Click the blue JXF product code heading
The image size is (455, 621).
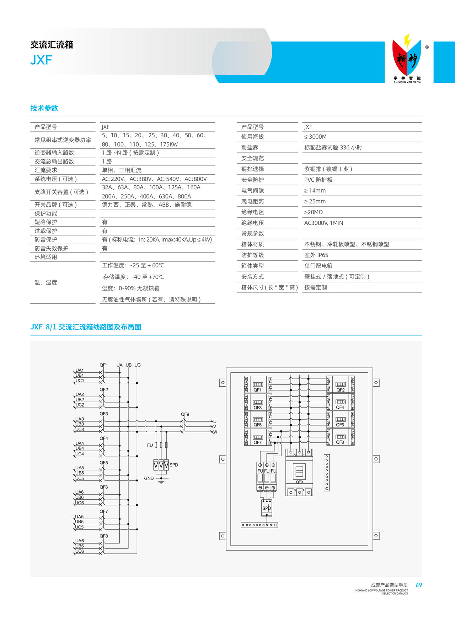[x=41, y=60]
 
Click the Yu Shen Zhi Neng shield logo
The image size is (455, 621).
[x=407, y=57]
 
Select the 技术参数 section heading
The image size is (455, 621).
[x=44, y=108]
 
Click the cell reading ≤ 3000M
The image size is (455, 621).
[x=315, y=137]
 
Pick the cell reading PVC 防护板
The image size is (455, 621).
[x=318, y=180]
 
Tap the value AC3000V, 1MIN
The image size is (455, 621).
[x=323, y=223]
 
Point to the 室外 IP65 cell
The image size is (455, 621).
[x=316, y=255]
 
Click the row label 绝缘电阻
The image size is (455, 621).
[x=252, y=212]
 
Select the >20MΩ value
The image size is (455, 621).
[x=313, y=212]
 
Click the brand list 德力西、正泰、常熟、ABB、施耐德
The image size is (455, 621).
[x=147, y=205]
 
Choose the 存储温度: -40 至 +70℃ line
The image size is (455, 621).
[x=133, y=277]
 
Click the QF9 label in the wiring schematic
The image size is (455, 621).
[x=185, y=414]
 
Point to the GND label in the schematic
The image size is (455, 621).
[x=149, y=478]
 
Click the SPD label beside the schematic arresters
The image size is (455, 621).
[x=174, y=465]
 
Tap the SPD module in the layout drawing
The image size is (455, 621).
[x=267, y=508]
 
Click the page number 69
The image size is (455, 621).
[x=419, y=585]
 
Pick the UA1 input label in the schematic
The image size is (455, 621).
[x=80, y=370]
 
